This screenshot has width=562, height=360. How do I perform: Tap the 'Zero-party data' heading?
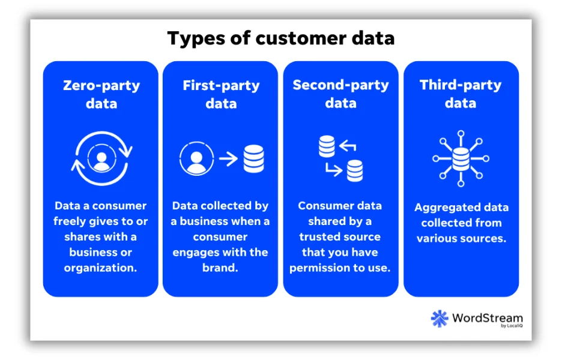pos(101,95)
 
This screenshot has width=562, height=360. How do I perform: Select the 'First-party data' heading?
pos(221,95)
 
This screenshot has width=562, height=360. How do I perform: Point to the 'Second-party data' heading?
pos(341,94)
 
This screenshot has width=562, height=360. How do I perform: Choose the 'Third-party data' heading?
pos(461,94)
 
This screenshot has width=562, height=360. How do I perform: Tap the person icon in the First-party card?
pos(197,158)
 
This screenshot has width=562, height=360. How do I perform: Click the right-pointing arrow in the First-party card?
pos(228,158)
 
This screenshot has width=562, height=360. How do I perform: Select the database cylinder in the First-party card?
pos(254,158)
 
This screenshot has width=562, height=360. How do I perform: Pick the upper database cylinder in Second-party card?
pos(327,146)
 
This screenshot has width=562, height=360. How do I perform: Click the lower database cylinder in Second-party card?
pos(355,170)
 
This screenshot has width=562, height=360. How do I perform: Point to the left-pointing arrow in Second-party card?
pos(348,146)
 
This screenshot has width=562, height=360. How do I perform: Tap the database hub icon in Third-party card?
pos(461,158)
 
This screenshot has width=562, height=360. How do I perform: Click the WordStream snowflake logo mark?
pos(440,319)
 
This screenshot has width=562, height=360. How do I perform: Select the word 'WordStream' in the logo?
pos(488,318)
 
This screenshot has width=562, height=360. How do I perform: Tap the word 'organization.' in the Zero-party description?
pos(101,268)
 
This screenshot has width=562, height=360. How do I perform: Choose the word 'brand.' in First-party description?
pos(220,268)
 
